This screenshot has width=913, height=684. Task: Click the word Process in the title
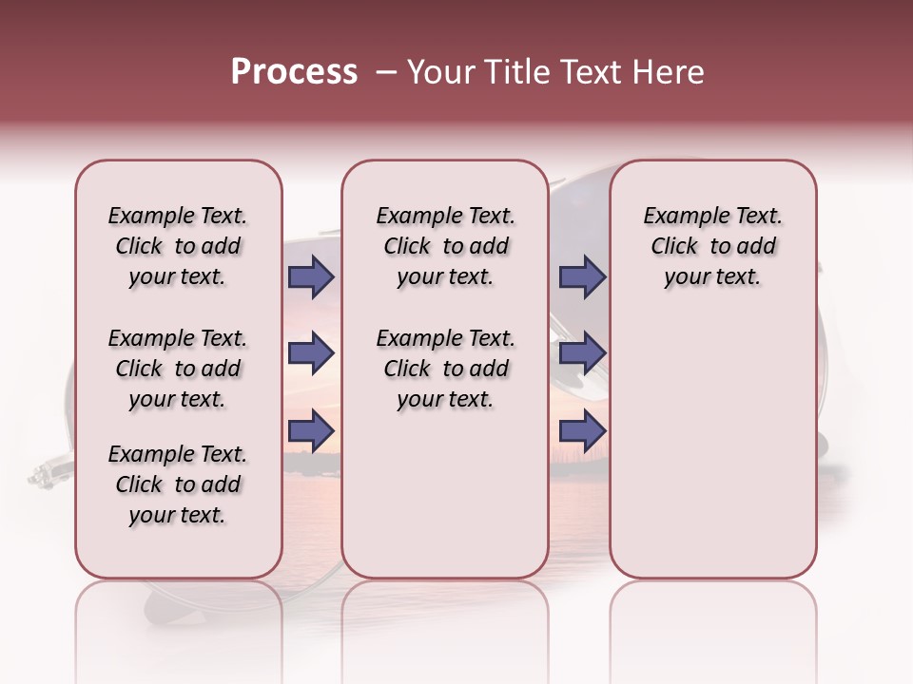294,72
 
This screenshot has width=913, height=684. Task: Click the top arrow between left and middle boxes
311,277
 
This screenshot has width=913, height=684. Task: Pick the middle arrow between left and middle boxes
311,354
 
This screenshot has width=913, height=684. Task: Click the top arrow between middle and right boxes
582,277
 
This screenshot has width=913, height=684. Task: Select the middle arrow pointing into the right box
582,354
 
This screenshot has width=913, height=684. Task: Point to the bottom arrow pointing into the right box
582,431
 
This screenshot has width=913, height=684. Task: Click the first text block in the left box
178,246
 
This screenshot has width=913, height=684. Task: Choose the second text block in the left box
178,369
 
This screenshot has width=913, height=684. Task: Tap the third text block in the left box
178,484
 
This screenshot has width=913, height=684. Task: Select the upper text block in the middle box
445,246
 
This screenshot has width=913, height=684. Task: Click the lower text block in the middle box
445,369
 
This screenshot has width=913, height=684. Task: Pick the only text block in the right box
712,246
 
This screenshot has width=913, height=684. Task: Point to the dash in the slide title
386,73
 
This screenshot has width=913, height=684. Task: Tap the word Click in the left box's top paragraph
139,247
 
